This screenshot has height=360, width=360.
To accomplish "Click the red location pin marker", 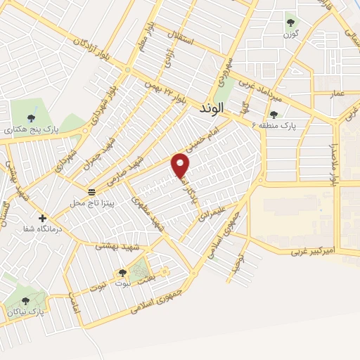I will (181, 165).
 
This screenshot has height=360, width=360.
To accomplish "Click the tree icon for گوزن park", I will (290, 22).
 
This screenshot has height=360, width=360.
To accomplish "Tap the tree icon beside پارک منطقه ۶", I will (274, 114).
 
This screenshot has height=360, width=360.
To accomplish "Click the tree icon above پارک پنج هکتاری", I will (29, 118).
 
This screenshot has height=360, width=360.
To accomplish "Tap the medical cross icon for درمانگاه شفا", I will (43, 218).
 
